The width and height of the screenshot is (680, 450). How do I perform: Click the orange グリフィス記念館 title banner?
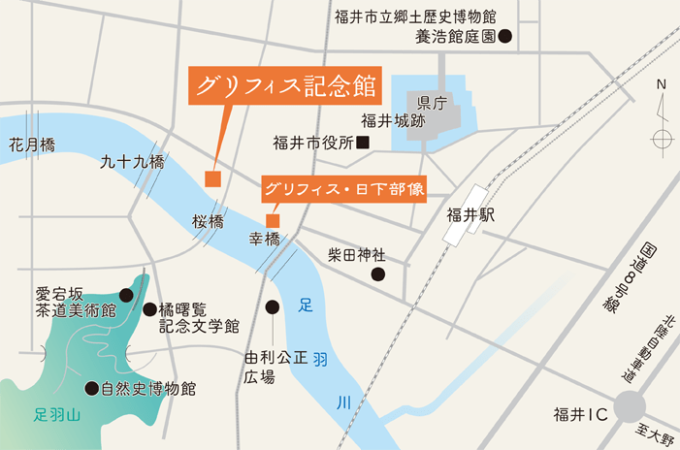pos(284,85)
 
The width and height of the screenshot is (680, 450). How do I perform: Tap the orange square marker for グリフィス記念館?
pos(212,178)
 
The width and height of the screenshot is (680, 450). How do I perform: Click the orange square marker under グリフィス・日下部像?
pos(273,219)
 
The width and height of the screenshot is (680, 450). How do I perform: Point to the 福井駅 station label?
pos(471,214)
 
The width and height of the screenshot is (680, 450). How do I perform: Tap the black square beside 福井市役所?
pos(363,144)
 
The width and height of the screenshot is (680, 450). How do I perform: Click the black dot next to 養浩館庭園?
pos(504,38)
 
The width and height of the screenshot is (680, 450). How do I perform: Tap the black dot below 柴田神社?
pos(378,274)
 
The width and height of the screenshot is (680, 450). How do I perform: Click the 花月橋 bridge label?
pos(32,145)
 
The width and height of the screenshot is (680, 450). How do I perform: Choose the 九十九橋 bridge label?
pos(132,163)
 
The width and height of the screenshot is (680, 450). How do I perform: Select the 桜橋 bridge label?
pos(208,221)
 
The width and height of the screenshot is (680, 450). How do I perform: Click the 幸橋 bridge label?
pos(265,239)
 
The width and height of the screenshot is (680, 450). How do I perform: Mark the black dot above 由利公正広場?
pos(273,307)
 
